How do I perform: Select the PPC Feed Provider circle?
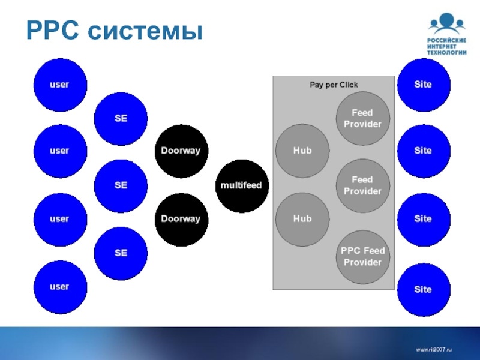click(362, 257)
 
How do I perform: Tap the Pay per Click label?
click(334, 85)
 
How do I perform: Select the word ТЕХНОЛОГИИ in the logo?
click(446, 52)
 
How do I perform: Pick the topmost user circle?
click(59, 85)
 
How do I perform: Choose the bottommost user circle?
click(59, 287)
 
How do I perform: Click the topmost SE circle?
click(121, 118)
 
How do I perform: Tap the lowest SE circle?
click(121, 253)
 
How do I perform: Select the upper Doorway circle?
click(181, 151)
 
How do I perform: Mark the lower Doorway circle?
click(181, 219)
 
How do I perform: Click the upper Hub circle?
click(302, 151)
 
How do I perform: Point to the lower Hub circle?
click(302, 219)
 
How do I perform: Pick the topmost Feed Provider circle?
click(362, 118)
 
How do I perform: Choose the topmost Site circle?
click(423, 85)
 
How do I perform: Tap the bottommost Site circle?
click(423, 290)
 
